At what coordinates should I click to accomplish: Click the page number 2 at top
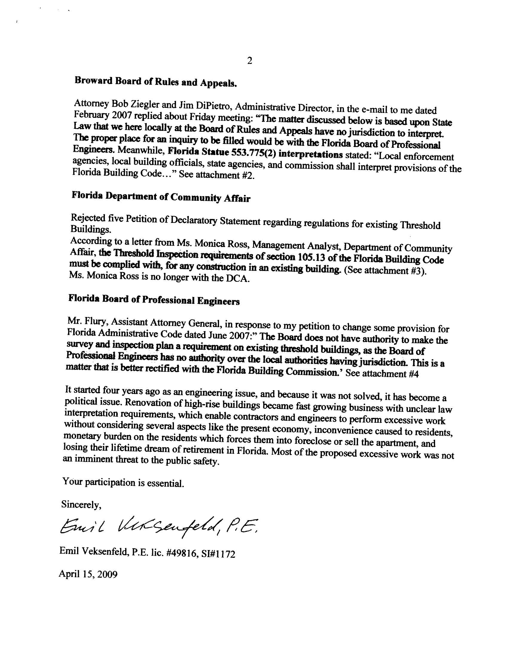pos(250,61)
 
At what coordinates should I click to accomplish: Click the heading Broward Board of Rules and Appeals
pos(156,82)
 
